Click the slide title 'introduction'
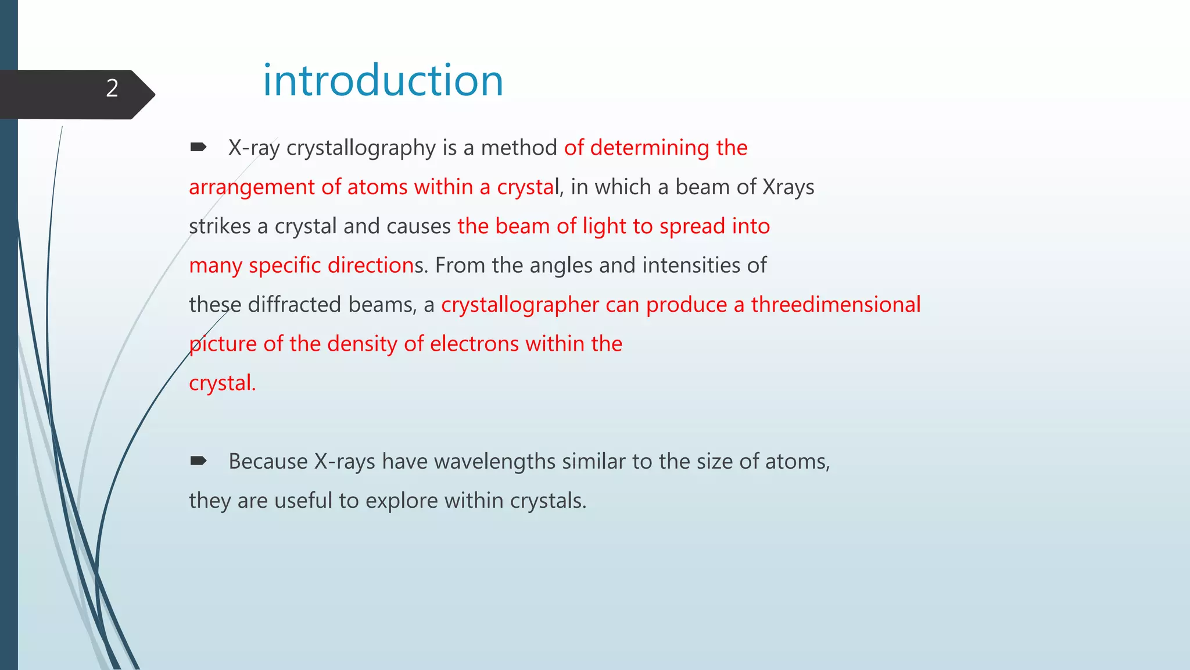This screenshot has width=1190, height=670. (383, 80)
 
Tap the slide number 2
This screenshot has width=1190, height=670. (112, 88)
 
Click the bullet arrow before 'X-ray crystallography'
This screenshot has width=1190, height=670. (198, 147)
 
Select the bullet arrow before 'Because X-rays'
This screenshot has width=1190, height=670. (198, 461)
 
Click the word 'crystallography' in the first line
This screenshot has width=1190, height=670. (361, 148)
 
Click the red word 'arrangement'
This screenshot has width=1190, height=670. (252, 187)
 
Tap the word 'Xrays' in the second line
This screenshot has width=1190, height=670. (788, 187)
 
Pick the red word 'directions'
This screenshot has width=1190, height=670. (374, 265)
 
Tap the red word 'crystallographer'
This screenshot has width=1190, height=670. (520, 305)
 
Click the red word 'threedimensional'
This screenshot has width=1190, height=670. (836, 305)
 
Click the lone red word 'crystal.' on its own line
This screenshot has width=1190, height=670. (222, 383)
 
